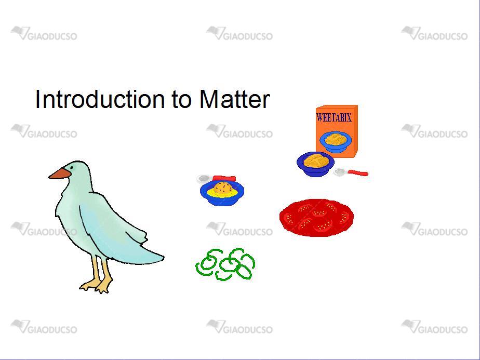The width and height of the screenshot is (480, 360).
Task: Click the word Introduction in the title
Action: pos(100,99)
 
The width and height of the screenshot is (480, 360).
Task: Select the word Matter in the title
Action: pos(234,99)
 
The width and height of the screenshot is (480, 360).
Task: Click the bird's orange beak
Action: pos(60,174)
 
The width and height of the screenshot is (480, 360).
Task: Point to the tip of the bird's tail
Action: pos(164,258)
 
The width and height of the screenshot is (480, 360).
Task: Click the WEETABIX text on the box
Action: pos(334,117)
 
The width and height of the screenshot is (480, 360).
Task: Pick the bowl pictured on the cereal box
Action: pos(336,141)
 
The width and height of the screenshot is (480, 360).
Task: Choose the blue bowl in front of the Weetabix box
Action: pos(315,164)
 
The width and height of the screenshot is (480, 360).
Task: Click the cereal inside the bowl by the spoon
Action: pos(316,161)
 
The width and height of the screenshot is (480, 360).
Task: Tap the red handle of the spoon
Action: pos(357,173)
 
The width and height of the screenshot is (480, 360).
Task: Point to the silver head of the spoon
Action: pos(340,172)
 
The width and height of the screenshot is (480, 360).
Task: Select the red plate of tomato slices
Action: pos(316,217)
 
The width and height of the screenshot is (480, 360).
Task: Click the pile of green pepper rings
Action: pos(225,264)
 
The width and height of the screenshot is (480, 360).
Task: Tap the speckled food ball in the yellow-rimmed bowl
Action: pos(224,188)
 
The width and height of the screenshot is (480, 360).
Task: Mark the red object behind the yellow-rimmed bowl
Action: pos(224,179)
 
